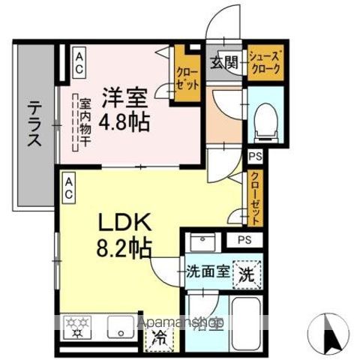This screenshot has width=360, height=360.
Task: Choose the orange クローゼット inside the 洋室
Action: tap(187, 74)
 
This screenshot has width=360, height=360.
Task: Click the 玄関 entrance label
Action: tap(223, 62)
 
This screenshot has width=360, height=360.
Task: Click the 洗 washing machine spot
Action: tap(244, 273)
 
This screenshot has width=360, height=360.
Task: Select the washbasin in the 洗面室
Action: tap(200, 244)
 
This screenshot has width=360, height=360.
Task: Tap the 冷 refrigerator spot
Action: tap(159, 337)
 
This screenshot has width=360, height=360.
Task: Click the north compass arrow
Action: tap(328, 329)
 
